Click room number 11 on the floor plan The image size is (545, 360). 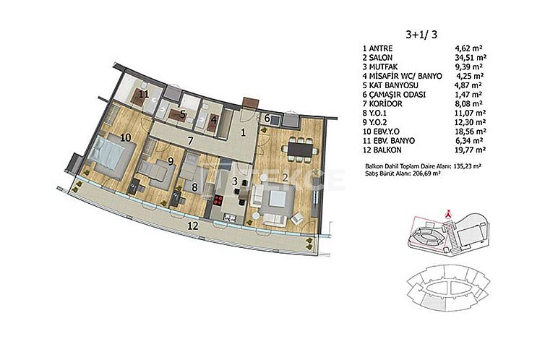tap(145, 94)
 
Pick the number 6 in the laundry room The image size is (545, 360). tap(267, 119)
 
